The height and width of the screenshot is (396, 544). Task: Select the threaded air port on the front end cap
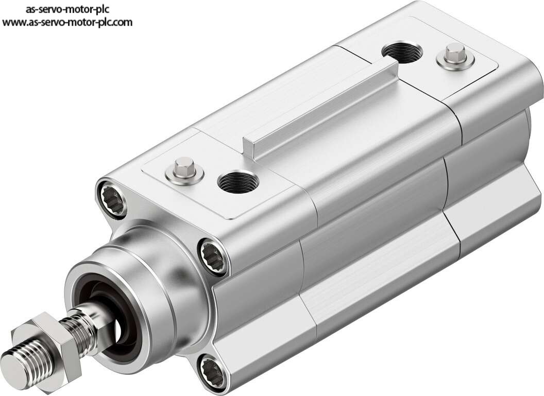(x=238, y=181)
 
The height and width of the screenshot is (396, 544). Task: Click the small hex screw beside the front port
(x=184, y=166)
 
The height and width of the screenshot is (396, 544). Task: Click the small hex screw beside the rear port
(x=455, y=53)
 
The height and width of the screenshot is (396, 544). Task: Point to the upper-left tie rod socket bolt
(x=112, y=199)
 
